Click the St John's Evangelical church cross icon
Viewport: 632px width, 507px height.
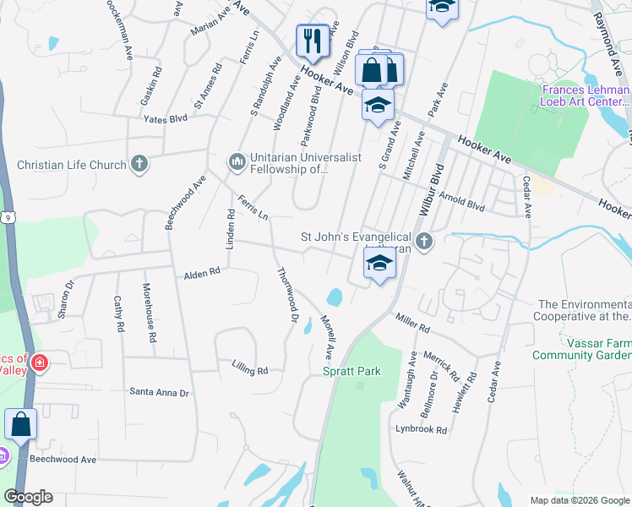tap(424, 243)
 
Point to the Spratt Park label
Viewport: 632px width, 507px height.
tap(351, 371)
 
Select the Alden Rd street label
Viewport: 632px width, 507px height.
tap(202, 274)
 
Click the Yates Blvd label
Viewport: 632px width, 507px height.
tap(165, 119)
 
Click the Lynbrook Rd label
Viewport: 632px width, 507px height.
tap(421, 430)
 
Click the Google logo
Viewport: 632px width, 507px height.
tap(28, 497)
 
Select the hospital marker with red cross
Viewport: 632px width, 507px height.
tap(39, 364)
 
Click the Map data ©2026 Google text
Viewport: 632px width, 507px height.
tap(578, 499)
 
